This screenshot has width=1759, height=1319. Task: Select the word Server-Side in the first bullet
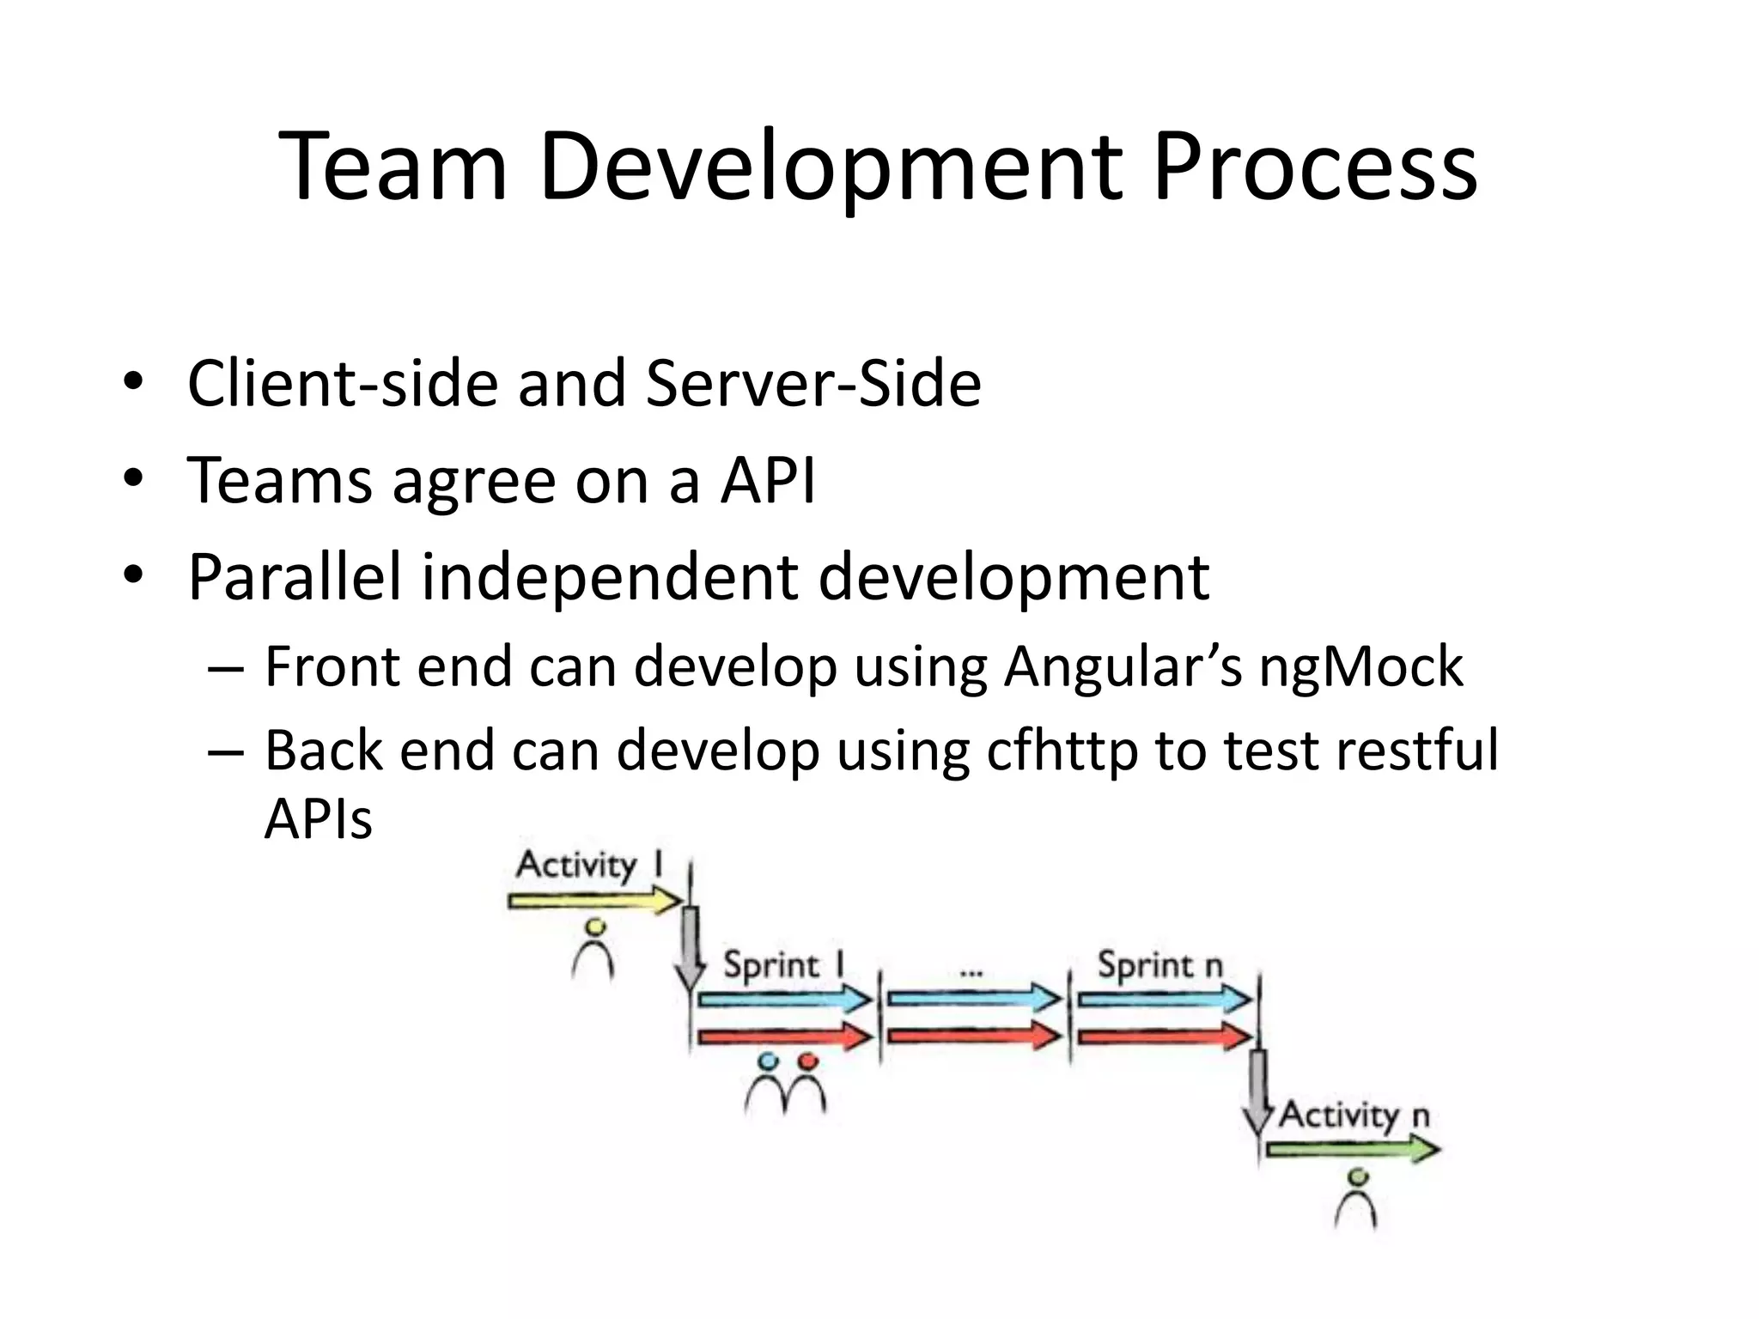pyautogui.click(x=813, y=383)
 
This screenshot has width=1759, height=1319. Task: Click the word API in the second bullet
pyautogui.click(x=768, y=480)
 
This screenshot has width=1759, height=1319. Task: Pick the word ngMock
pyautogui.click(x=1360, y=666)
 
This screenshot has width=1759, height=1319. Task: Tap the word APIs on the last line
pyautogui.click(x=318, y=819)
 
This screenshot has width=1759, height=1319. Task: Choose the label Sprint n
pyautogui.click(x=1159, y=965)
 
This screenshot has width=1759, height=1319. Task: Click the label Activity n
pyautogui.click(x=1354, y=1115)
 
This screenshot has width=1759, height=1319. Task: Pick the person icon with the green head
pyautogui.click(x=1356, y=1199)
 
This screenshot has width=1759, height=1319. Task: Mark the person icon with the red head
pyautogui.click(x=807, y=1085)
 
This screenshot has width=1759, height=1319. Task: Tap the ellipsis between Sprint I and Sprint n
pyautogui.click(x=971, y=974)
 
